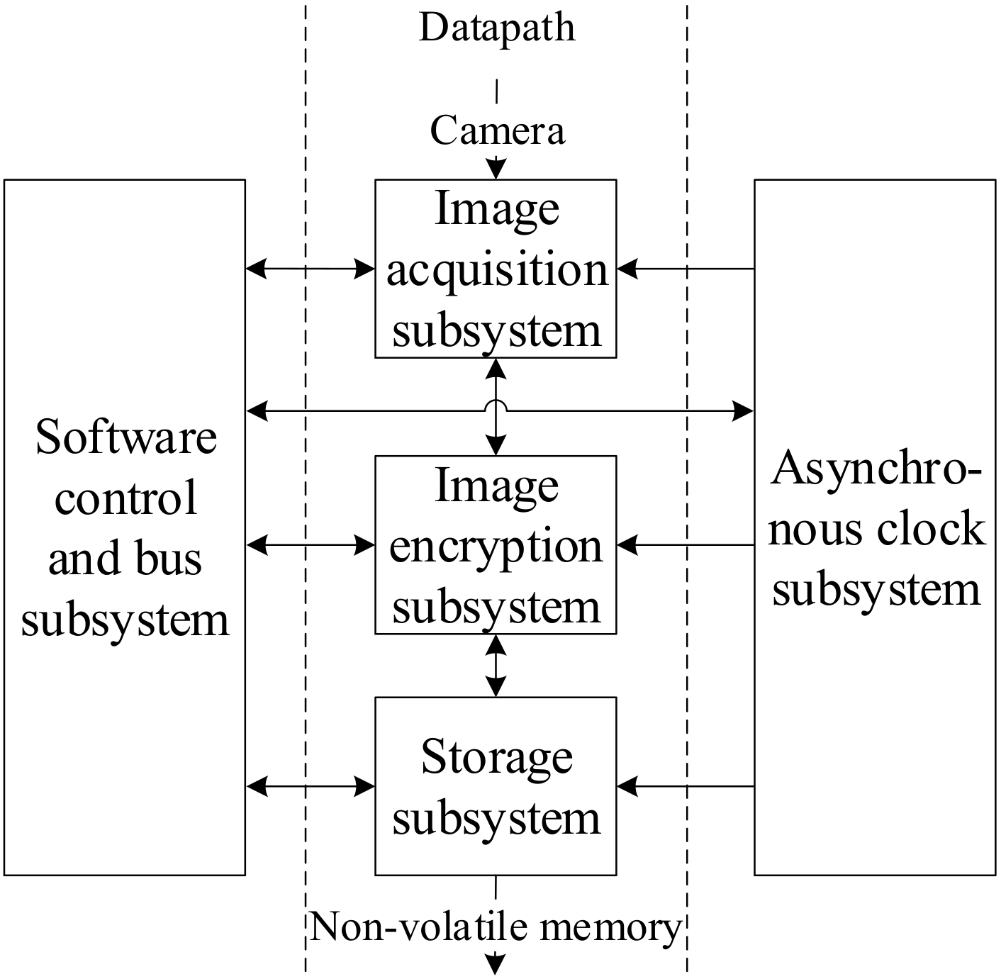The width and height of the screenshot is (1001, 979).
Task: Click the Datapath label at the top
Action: (x=497, y=28)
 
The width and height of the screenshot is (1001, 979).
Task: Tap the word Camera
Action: (x=497, y=131)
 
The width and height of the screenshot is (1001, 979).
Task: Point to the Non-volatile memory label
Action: (x=496, y=927)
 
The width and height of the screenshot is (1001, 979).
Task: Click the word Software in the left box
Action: (x=126, y=437)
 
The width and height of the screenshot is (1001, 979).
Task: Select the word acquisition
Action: (x=497, y=271)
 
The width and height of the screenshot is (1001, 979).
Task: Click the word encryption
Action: (x=496, y=547)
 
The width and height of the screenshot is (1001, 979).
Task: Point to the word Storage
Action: (x=497, y=757)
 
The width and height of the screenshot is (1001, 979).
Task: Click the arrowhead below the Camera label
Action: (x=496, y=169)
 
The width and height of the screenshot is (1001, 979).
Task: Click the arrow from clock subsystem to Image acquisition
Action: (x=685, y=269)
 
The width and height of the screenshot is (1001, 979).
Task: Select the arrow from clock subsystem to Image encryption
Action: (x=685, y=545)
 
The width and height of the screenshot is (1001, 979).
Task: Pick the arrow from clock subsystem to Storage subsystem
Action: (x=685, y=785)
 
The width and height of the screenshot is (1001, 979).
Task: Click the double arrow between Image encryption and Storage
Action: (x=496, y=665)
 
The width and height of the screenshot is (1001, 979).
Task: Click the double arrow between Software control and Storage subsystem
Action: (x=311, y=785)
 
